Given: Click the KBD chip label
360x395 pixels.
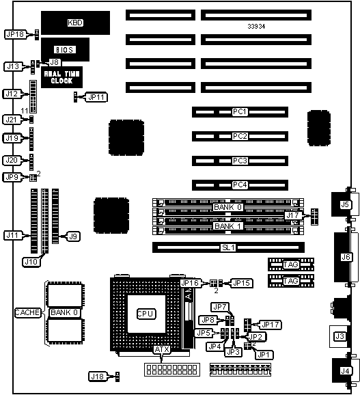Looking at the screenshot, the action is click(x=75, y=23).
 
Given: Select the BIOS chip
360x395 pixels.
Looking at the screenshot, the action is click(x=65, y=50).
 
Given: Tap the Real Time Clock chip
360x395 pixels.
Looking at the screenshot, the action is click(x=61, y=77).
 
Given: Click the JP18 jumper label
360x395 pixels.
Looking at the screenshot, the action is click(x=15, y=34).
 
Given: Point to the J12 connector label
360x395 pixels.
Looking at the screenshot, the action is click(x=12, y=94).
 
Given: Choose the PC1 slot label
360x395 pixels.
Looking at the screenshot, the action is click(x=240, y=111).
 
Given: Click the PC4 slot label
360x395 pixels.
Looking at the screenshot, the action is click(x=240, y=185).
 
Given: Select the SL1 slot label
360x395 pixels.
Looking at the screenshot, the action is click(x=228, y=247).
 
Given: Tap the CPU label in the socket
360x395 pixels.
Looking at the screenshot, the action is click(x=146, y=314).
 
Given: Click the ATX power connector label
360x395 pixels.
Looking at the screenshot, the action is click(x=162, y=349).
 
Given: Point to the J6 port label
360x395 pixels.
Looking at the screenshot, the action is click(x=346, y=257).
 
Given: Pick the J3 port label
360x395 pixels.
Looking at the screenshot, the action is click(x=340, y=336).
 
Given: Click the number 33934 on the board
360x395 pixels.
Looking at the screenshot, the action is click(x=256, y=26).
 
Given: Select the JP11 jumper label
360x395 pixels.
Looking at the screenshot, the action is click(x=97, y=97).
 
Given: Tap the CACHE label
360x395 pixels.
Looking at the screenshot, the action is click(x=27, y=312).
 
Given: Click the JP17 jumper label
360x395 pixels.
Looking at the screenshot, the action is click(x=271, y=325).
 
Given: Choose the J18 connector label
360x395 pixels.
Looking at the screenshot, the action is click(x=98, y=377).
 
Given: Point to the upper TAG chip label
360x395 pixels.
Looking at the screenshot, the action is click(x=291, y=264).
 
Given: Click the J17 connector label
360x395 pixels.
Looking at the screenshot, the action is click(x=293, y=215).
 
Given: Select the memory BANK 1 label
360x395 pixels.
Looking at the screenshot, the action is click(x=228, y=226).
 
